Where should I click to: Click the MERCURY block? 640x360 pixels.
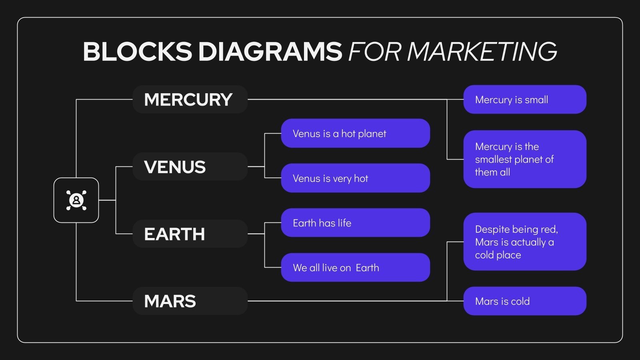point(190,99)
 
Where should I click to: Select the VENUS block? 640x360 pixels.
point(190,166)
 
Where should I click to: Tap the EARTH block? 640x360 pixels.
point(190,234)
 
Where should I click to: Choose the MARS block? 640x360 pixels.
point(190,301)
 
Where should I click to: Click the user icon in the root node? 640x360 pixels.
point(76,200)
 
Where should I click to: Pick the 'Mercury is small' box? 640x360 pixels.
point(524,99)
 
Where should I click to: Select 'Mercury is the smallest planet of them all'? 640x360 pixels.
point(524,159)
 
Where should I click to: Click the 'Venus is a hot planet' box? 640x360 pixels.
point(355,133)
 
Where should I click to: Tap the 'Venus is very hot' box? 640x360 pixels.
point(355,178)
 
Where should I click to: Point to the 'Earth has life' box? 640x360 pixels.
point(355,223)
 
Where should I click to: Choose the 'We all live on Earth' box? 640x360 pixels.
point(355,268)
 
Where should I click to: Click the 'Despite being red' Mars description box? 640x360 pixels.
point(524,242)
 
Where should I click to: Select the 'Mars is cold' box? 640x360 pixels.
point(524,301)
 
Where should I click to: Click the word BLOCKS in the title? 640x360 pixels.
point(138,52)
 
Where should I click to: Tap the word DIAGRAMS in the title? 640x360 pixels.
point(270,52)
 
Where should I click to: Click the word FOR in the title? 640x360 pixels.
point(374,52)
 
